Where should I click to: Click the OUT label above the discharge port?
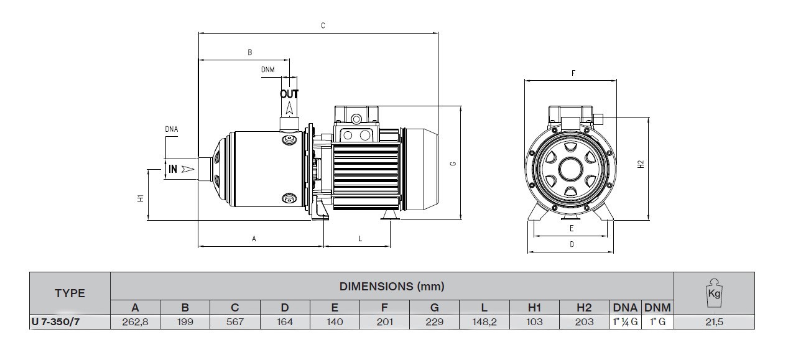tap(289, 94)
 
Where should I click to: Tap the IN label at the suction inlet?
tap(173, 169)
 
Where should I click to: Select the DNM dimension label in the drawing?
tap(268, 70)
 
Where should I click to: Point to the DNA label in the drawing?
tap(172, 129)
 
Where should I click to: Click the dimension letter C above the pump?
tap(323, 26)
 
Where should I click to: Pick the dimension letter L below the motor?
tap(360, 239)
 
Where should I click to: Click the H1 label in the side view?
tap(141, 198)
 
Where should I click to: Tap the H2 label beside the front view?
tap(641, 164)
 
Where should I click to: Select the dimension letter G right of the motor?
tap(453, 164)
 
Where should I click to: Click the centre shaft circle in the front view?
tap(570, 169)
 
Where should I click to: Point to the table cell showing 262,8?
tap(135, 322)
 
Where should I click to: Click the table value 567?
tap(235, 322)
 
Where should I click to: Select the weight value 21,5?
tap(714, 322)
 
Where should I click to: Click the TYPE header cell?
tap(70, 293)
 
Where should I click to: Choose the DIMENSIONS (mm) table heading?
tap(392, 287)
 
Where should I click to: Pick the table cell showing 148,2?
tap(484, 322)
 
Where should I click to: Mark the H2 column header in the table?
tap(584, 307)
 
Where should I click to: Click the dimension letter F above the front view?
tap(573, 73)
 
